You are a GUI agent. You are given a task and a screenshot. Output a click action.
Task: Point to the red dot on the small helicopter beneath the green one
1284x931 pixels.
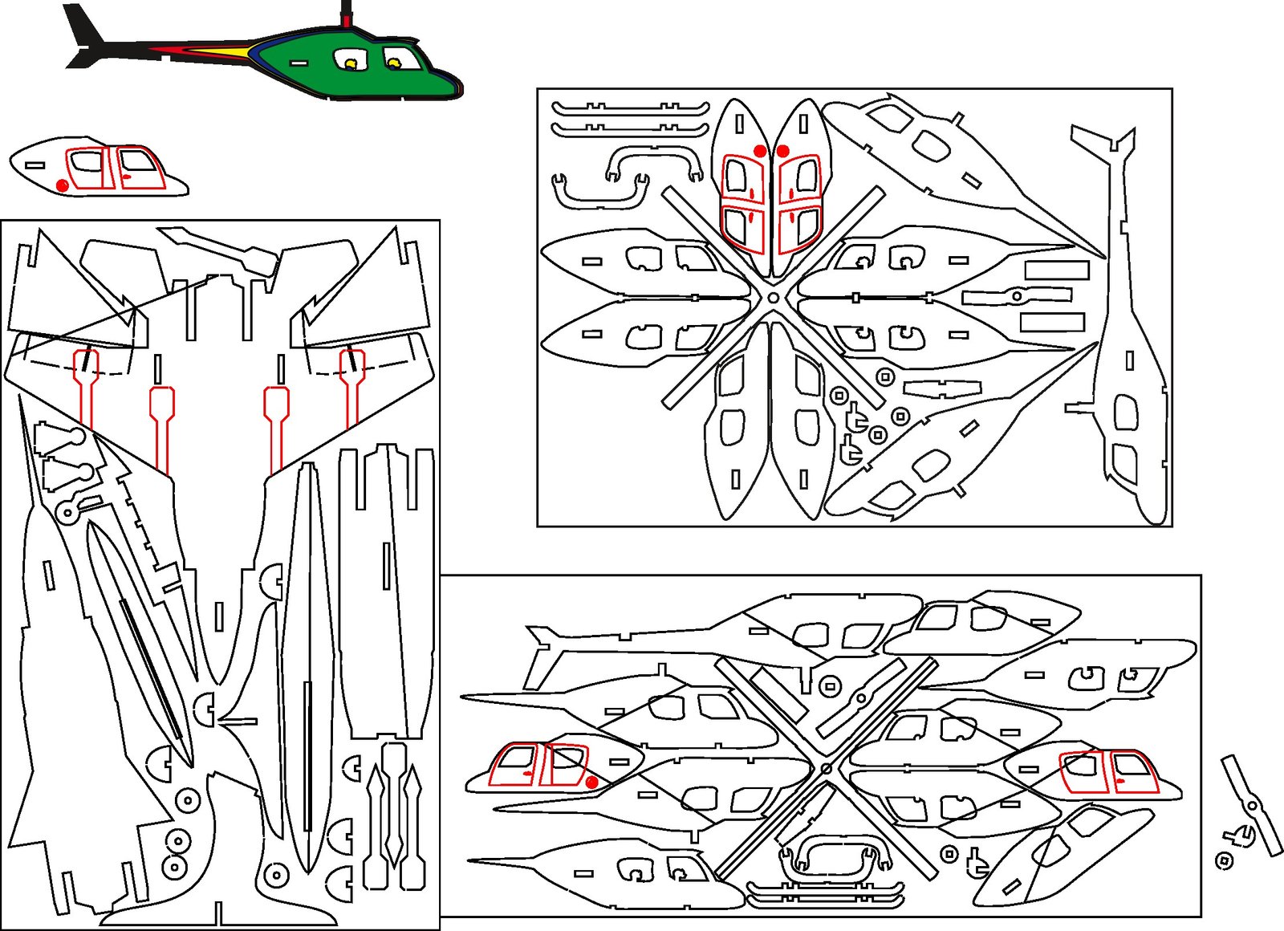63,185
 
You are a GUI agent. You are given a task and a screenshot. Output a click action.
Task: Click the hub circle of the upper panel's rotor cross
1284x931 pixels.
773,298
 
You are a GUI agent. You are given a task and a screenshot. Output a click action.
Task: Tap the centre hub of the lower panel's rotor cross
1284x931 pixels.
827,769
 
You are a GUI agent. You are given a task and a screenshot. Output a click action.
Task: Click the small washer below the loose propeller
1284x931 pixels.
1224,861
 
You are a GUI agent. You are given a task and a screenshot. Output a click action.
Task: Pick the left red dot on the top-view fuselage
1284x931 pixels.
760,151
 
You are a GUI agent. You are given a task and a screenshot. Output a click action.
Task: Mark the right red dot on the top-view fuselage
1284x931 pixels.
783,150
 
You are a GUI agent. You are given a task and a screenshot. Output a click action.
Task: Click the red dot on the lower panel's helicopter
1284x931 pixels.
591,782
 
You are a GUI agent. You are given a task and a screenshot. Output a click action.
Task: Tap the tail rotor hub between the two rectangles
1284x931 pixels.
1017,296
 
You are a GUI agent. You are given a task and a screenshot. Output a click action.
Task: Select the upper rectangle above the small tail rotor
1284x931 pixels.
1056,270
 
